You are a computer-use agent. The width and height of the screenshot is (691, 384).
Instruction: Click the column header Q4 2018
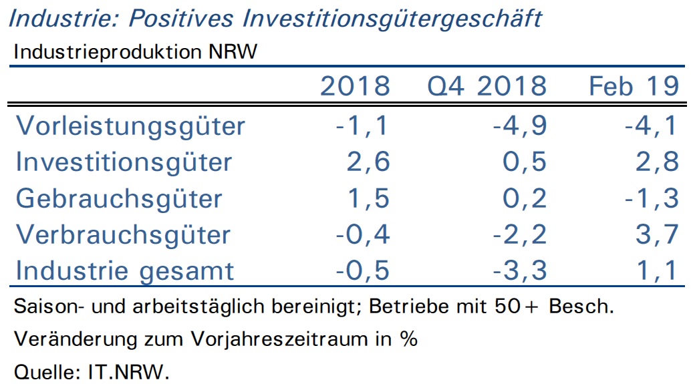(487, 86)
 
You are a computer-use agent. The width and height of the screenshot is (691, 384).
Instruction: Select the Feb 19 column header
(634, 86)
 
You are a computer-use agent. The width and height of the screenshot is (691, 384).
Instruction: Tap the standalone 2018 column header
(355, 86)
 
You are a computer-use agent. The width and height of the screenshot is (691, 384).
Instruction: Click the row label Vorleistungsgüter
(130, 126)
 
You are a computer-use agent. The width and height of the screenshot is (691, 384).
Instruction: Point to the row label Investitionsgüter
(124, 162)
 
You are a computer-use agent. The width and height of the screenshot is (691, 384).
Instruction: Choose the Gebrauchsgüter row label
(119, 198)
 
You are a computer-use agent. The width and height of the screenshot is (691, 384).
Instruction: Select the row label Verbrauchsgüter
(124, 234)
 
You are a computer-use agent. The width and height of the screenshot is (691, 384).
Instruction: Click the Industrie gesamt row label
(125, 271)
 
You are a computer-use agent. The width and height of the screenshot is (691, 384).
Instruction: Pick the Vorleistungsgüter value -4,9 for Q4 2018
(520, 126)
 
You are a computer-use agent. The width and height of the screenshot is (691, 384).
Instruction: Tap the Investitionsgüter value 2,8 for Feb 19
(657, 162)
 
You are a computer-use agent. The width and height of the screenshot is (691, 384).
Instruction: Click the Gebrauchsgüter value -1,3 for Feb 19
(652, 198)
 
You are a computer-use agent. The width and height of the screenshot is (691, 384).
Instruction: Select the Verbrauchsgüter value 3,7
(657, 234)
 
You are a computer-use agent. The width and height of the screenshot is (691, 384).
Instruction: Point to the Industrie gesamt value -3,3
(520, 270)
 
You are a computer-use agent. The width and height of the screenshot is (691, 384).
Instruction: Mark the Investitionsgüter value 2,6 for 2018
(368, 162)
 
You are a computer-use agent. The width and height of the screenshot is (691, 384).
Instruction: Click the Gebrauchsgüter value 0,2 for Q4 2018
(525, 198)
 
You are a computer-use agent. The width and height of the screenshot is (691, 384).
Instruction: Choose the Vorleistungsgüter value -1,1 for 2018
(362, 126)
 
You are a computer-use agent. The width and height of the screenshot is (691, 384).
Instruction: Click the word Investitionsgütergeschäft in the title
(392, 19)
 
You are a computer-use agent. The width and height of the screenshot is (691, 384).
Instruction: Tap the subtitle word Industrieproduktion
(108, 52)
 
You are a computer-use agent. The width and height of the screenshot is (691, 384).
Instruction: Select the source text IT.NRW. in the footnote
(129, 372)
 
